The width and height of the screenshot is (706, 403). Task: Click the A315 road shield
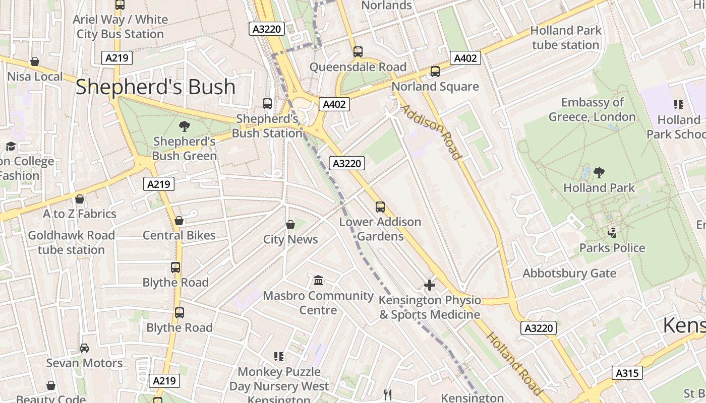click(627, 373)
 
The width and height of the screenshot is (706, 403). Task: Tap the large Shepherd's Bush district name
click(155, 87)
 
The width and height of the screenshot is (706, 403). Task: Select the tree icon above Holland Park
click(599, 173)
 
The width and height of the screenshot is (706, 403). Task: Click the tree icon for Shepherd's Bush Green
click(185, 126)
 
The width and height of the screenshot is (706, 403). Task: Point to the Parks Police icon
click(612, 233)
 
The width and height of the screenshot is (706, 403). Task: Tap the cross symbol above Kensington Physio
click(430, 285)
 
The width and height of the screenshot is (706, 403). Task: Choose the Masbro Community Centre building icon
click(318, 280)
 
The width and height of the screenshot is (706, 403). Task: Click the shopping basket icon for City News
click(290, 224)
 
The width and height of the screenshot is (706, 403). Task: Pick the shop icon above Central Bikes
click(179, 221)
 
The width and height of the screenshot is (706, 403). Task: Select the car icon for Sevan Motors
click(84, 348)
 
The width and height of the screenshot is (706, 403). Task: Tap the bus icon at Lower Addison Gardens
click(380, 207)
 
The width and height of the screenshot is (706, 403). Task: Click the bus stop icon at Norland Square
click(435, 72)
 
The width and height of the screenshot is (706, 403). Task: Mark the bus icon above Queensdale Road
click(358, 51)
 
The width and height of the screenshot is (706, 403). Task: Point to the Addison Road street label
click(431, 132)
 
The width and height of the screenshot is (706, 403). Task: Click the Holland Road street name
click(514, 363)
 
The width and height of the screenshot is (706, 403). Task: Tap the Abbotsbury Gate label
click(569, 273)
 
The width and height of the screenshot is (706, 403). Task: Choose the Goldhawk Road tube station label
click(71, 242)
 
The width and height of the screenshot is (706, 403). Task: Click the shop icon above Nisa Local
click(35, 61)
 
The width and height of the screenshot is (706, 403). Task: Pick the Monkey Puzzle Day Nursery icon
click(279, 357)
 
